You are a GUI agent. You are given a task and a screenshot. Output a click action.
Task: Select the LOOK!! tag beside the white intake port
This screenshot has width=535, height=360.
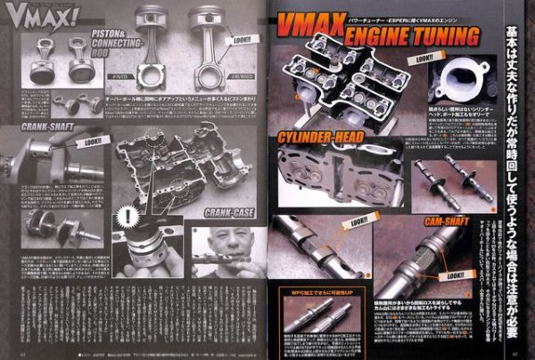(x=426, y=60)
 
